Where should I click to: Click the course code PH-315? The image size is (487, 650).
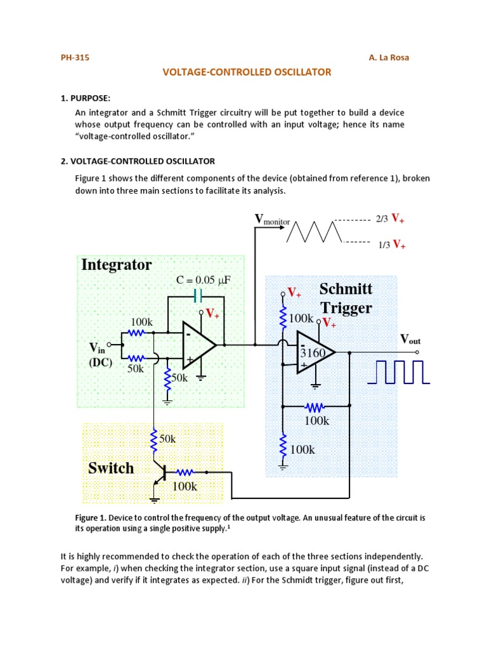pos(75,58)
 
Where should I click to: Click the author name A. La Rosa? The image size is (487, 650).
pos(389,58)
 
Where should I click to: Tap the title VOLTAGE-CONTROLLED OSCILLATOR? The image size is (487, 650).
pos(247,72)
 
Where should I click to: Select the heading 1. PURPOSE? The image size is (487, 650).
pos(86,98)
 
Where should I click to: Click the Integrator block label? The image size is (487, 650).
pos(117,265)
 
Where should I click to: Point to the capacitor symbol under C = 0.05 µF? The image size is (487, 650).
pos(197,296)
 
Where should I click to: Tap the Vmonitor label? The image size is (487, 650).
pos(272,220)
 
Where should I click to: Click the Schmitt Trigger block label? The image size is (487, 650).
pos(346,298)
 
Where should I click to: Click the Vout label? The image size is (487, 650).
pos(410,340)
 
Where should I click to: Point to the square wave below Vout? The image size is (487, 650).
pos(399,373)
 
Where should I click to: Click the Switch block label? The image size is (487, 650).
pos(111,468)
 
